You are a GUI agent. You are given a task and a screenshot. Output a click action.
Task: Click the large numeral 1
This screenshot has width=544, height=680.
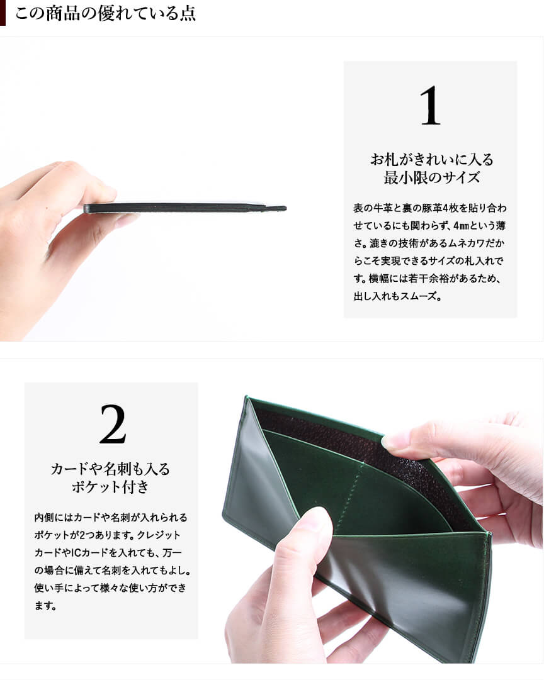[430, 105]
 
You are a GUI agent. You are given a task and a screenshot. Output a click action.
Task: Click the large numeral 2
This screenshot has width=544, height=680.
[113, 424]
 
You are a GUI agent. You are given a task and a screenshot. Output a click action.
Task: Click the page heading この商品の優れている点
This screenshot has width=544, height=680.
[106, 13]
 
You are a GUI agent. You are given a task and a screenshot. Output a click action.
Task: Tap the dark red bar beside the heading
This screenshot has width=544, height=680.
[3, 13]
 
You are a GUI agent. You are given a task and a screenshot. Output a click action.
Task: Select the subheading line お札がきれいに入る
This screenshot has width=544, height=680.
[432, 160]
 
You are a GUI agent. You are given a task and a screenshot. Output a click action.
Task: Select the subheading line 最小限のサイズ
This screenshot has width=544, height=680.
[432, 177]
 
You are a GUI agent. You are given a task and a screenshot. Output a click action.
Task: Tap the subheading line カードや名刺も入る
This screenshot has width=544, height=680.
[110, 469]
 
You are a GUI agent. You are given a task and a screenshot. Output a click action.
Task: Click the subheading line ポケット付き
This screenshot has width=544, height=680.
[110, 487]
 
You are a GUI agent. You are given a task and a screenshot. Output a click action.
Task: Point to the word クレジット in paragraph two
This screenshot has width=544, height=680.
[159, 535]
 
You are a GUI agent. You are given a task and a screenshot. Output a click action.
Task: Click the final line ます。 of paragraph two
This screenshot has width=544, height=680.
[45, 606]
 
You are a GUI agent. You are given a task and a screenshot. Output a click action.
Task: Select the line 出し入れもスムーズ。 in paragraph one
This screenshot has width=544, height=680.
[397, 297]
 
